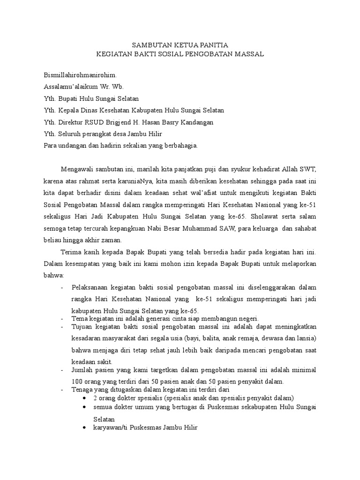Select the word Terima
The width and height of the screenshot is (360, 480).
[71, 252]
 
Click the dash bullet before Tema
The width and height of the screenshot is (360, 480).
[63, 319]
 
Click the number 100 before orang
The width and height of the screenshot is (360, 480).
[78, 381]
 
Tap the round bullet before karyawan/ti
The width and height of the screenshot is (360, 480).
[83, 428]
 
